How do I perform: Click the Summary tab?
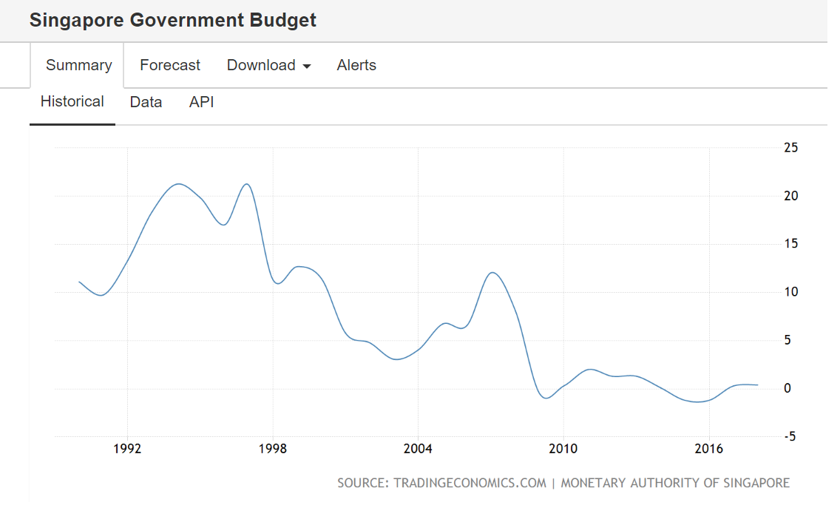coord(78,65)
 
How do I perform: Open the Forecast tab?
coord(170,65)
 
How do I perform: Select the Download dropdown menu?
coord(268,65)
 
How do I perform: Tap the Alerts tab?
coord(356,65)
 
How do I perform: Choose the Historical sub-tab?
coord(72,101)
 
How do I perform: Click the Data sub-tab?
coord(146,102)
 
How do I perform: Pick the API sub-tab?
coord(201,102)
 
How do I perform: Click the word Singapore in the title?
coord(77,20)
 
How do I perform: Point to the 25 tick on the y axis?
coord(790,148)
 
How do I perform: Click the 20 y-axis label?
coord(790,196)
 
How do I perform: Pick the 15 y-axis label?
coord(790,244)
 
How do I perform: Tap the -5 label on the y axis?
coord(789,436)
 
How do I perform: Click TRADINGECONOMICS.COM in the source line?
coord(470,483)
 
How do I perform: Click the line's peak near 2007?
coord(493,273)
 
